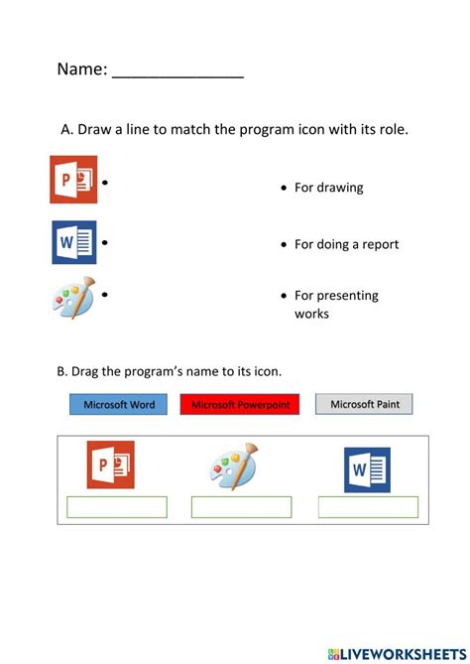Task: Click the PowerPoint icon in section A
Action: click(x=73, y=180)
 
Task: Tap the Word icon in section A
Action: click(x=73, y=242)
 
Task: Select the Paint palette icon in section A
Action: click(x=73, y=297)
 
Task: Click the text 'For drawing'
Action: click(x=328, y=188)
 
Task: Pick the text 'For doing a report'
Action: click(x=346, y=244)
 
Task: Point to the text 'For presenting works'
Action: click(x=335, y=304)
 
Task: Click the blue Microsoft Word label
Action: click(x=119, y=404)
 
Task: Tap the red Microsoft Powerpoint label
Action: click(x=240, y=404)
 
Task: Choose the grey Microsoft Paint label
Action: click(x=364, y=404)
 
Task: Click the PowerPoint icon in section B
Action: click(x=110, y=465)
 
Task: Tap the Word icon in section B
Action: click(x=367, y=469)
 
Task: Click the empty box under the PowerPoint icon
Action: click(x=117, y=507)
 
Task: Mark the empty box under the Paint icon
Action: click(x=241, y=507)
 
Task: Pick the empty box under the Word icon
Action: click(x=368, y=507)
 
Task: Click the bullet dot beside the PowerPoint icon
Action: click(x=104, y=183)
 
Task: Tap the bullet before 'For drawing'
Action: click(x=284, y=188)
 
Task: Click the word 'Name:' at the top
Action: click(x=81, y=69)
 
